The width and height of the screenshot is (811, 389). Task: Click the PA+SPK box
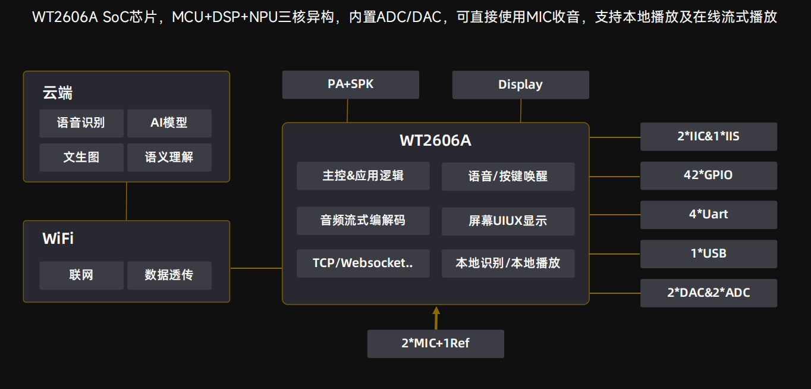click(350, 84)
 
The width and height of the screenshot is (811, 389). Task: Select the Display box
click(520, 84)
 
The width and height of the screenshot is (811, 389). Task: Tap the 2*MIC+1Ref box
click(435, 344)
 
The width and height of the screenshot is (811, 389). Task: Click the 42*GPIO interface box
click(708, 175)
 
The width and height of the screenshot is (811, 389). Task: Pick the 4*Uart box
click(708, 215)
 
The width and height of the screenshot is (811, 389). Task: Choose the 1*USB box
click(708, 254)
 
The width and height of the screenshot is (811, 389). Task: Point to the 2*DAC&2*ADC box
click(708, 293)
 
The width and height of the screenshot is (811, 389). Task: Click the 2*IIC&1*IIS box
click(708, 136)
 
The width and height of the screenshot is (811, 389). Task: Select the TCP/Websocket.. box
click(363, 263)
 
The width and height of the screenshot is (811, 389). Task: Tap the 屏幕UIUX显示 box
click(508, 221)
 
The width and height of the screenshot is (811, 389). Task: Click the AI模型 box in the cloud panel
click(169, 123)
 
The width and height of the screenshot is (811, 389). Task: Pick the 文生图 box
click(81, 158)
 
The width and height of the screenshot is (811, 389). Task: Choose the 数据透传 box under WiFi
click(169, 275)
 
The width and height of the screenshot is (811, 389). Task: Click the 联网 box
click(81, 275)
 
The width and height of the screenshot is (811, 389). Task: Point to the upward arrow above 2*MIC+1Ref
click(436, 316)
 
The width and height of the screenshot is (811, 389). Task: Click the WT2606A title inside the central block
click(435, 141)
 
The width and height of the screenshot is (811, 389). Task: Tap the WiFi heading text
click(58, 239)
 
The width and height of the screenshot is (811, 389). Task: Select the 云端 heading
click(58, 93)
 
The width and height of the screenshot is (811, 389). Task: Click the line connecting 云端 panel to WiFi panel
click(126, 201)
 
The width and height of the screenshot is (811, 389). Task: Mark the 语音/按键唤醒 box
click(508, 177)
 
